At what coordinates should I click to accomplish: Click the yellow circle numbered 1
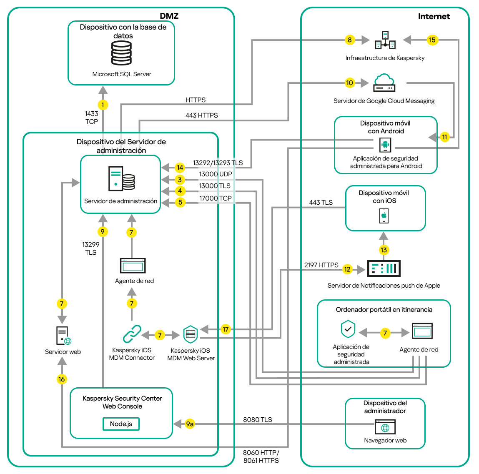(103, 105)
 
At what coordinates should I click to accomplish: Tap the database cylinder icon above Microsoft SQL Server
(121, 53)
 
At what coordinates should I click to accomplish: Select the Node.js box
(121, 424)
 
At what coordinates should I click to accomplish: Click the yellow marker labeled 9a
(190, 424)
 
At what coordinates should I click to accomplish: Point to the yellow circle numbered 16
(62, 379)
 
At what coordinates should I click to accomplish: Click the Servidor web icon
(63, 336)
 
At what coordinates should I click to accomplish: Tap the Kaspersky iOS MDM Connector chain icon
(132, 334)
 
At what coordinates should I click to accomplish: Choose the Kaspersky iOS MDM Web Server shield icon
(191, 334)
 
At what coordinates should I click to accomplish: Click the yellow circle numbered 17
(226, 329)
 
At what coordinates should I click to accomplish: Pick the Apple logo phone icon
(384, 216)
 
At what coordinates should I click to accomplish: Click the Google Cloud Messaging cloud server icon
(384, 83)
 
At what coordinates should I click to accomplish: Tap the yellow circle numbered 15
(432, 40)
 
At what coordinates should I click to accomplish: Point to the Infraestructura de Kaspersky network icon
(385, 40)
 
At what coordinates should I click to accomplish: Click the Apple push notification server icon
(384, 268)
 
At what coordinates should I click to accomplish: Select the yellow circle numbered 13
(384, 250)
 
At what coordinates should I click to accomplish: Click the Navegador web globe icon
(385, 427)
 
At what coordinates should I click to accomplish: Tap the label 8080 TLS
(258, 419)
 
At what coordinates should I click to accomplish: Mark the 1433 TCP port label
(92, 118)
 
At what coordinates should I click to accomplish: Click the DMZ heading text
(169, 16)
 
